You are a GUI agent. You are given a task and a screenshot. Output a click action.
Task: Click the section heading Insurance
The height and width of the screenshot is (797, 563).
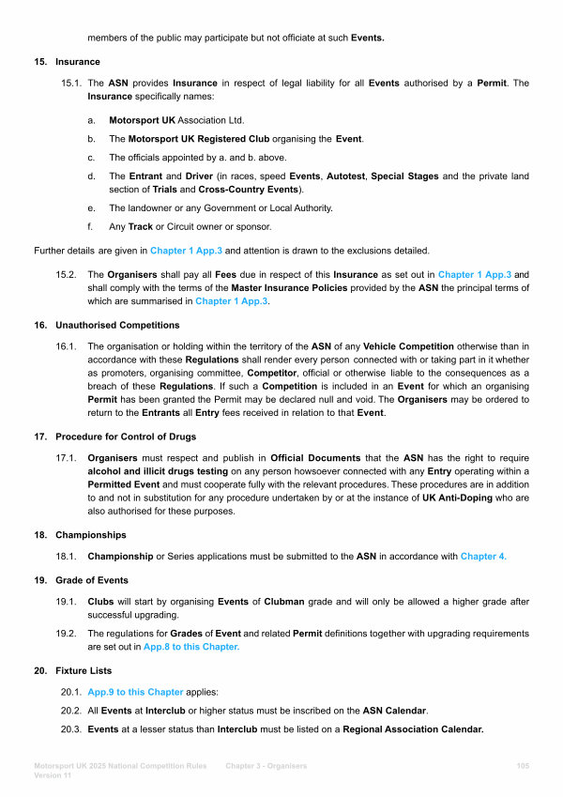click(x=77, y=62)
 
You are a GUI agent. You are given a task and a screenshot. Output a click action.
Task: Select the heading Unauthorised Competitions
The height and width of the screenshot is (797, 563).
click(x=117, y=325)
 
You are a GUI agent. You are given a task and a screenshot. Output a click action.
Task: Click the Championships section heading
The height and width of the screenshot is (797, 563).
click(x=92, y=534)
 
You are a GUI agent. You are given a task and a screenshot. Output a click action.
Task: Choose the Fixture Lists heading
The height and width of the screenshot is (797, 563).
click(x=84, y=671)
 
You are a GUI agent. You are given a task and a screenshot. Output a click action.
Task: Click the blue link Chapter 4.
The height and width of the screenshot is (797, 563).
click(x=483, y=557)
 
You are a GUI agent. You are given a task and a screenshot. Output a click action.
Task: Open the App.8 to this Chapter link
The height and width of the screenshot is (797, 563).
click(x=191, y=647)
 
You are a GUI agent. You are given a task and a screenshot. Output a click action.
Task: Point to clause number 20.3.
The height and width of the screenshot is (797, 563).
click(x=71, y=729)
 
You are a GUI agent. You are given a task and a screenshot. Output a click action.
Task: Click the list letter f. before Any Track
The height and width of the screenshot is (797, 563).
click(x=90, y=226)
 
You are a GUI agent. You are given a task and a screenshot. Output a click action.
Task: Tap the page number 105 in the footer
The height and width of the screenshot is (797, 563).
click(x=523, y=767)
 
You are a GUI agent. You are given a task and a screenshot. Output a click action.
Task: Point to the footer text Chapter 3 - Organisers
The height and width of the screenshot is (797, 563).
click(x=266, y=767)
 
